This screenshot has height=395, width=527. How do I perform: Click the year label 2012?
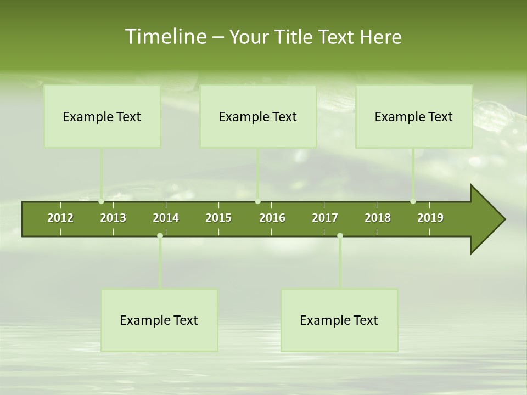click(60, 218)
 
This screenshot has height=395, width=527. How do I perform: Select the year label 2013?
click(113, 218)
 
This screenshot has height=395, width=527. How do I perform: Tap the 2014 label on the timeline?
click(166, 218)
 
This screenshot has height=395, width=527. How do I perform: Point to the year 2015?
click(218, 218)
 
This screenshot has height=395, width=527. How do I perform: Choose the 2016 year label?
click(272, 218)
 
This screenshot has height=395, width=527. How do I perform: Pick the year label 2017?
click(325, 218)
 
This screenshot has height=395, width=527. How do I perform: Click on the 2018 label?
click(378, 218)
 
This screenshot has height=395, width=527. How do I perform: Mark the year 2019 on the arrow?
click(430, 218)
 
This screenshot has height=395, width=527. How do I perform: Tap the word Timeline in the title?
click(165, 37)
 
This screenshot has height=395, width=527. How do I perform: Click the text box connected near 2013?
click(102, 116)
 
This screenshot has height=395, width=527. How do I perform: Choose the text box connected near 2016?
click(258, 116)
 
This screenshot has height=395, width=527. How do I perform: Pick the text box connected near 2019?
click(414, 116)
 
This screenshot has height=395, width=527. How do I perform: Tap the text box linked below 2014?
click(159, 320)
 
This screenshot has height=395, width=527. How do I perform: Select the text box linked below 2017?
click(339, 320)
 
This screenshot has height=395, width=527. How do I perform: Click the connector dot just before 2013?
click(102, 201)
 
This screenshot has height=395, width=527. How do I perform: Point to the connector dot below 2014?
click(160, 235)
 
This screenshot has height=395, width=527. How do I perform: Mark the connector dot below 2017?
click(340, 235)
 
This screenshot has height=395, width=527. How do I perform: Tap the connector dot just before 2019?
click(413, 201)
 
